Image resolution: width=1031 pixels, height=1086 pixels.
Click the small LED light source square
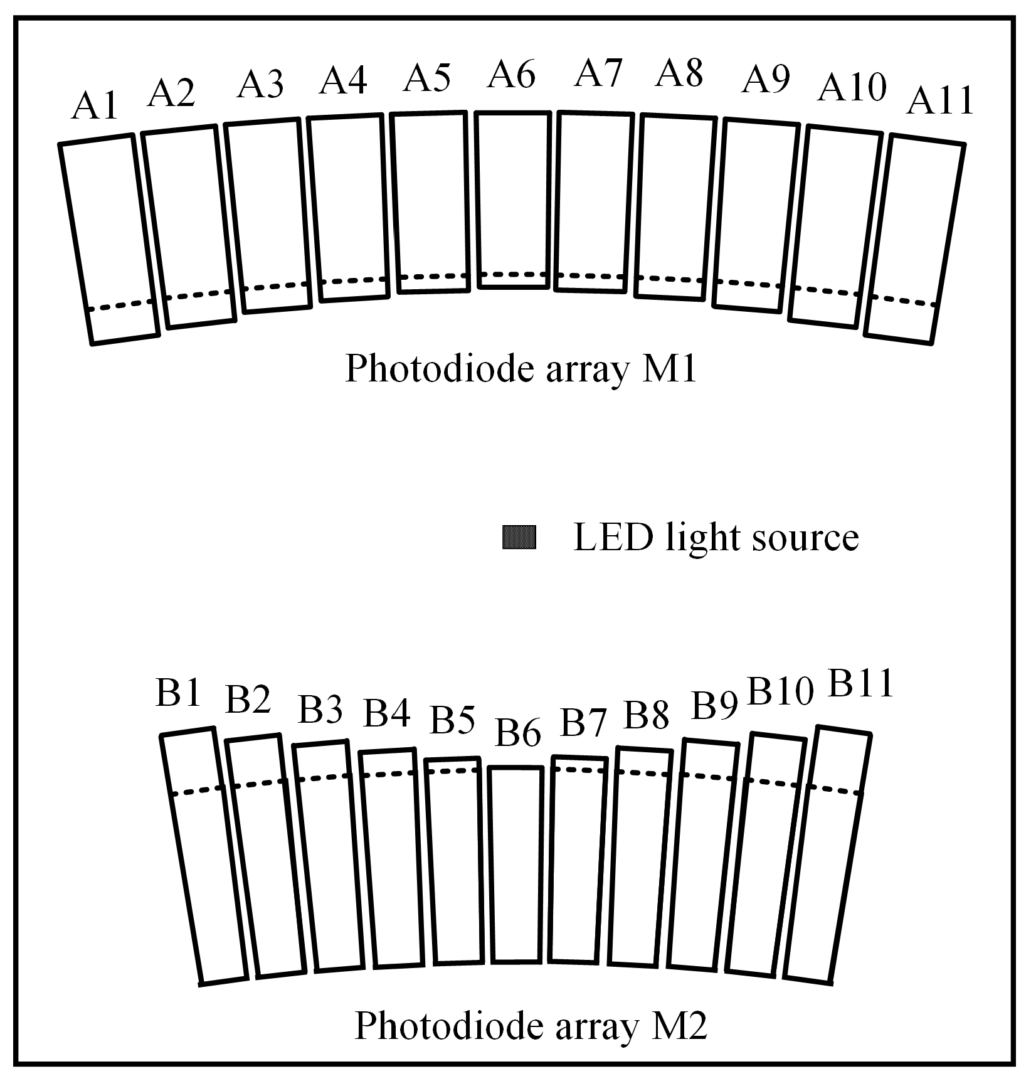[x=519, y=538]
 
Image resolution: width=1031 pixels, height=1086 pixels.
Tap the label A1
[x=95, y=106]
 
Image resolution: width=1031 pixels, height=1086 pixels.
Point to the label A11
[x=940, y=101]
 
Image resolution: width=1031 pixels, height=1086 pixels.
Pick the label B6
[x=517, y=732]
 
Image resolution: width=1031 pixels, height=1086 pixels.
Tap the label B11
[x=860, y=684]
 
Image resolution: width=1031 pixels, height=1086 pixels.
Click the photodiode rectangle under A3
[x=268, y=216]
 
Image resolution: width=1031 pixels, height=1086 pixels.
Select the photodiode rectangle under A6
[x=512, y=200]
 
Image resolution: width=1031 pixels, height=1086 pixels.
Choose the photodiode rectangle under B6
[x=515, y=864]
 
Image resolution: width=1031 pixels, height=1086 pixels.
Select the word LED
[x=613, y=538]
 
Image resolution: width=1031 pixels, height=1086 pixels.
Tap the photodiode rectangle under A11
[x=915, y=238]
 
